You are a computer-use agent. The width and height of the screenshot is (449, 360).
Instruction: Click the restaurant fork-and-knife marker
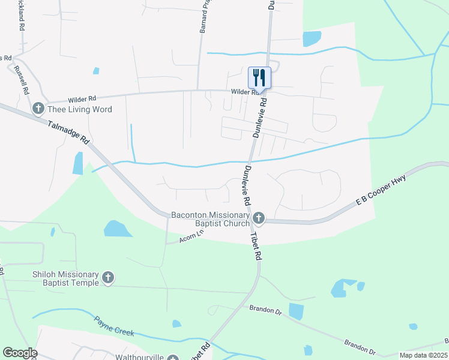[259, 77]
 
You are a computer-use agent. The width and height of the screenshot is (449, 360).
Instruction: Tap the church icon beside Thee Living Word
[38, 109]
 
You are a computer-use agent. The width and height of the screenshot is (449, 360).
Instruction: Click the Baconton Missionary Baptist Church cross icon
[259, 217]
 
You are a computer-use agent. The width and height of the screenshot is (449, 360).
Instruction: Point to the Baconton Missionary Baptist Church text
[210, 220]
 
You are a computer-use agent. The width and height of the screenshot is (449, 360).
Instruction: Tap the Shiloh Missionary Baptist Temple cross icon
[108, 277]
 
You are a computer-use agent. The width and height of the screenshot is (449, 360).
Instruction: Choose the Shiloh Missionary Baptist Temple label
[65, 278]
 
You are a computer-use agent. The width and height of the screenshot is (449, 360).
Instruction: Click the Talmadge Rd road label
[70, 133]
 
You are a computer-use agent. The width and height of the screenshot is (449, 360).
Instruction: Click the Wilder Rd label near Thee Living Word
[82, 98]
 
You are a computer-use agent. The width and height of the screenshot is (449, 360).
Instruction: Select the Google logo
[20, 353]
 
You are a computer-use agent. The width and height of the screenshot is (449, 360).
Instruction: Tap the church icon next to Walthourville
[173, 358]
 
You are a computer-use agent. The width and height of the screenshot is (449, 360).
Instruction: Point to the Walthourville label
[140, 358]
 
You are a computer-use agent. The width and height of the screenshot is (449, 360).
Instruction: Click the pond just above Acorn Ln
[118, 228]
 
